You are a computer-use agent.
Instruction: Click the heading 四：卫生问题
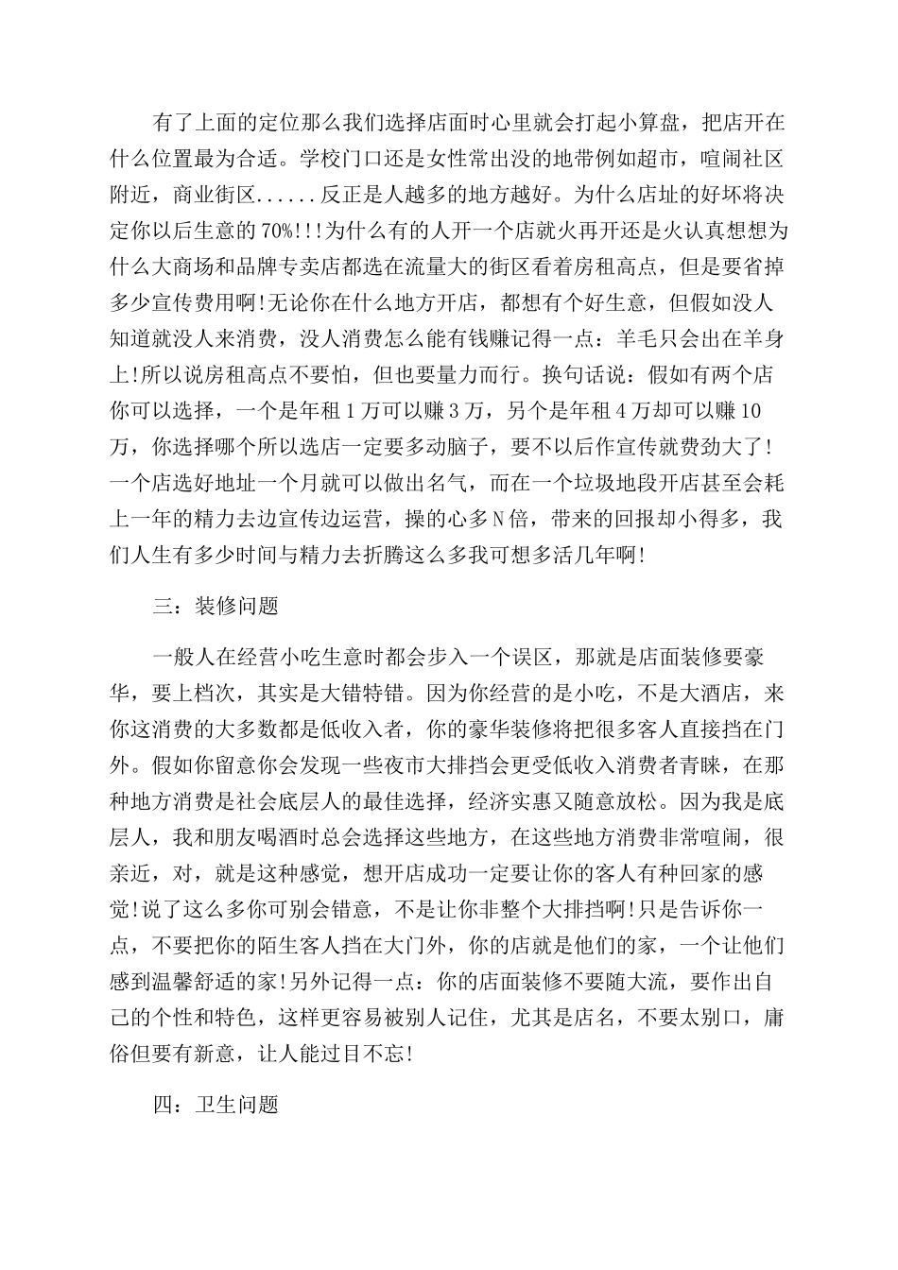point(216,1105)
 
